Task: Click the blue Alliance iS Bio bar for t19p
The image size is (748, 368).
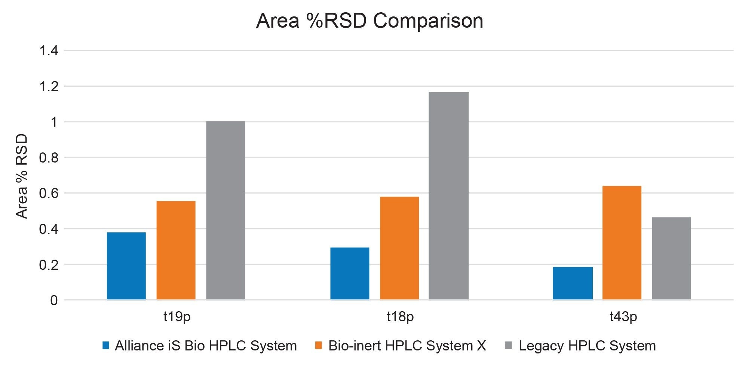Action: pos(126,266)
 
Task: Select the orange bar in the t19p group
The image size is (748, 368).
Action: pos(176,250)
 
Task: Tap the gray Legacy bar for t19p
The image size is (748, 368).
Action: pos(226,210)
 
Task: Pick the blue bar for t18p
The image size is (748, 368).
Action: pos(350,273)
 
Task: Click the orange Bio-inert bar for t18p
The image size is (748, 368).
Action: pos(399,248)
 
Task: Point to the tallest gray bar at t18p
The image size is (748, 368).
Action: pos(448,195)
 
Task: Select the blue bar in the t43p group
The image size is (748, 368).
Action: pos(573,283)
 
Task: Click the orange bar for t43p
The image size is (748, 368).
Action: pos(622,242)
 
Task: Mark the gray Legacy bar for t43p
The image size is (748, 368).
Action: pos(671,258)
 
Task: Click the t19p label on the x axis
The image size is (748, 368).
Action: pos(177,317)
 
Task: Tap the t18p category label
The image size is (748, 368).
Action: pos(400,317)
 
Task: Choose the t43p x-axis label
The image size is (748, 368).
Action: pos(623,317)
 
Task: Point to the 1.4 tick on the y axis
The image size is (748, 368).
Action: pos(49,51)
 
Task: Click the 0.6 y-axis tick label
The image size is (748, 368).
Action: pos(49,194)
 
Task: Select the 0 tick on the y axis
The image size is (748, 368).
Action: pos(54,300)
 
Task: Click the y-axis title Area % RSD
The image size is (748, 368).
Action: pos(22,176)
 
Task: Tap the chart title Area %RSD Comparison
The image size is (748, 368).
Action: pos(370,21)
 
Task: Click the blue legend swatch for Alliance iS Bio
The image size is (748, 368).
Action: pos(106,346)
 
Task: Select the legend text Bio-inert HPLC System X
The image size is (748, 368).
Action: pos(407,346)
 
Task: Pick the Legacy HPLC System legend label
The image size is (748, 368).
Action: pos(587,346)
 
